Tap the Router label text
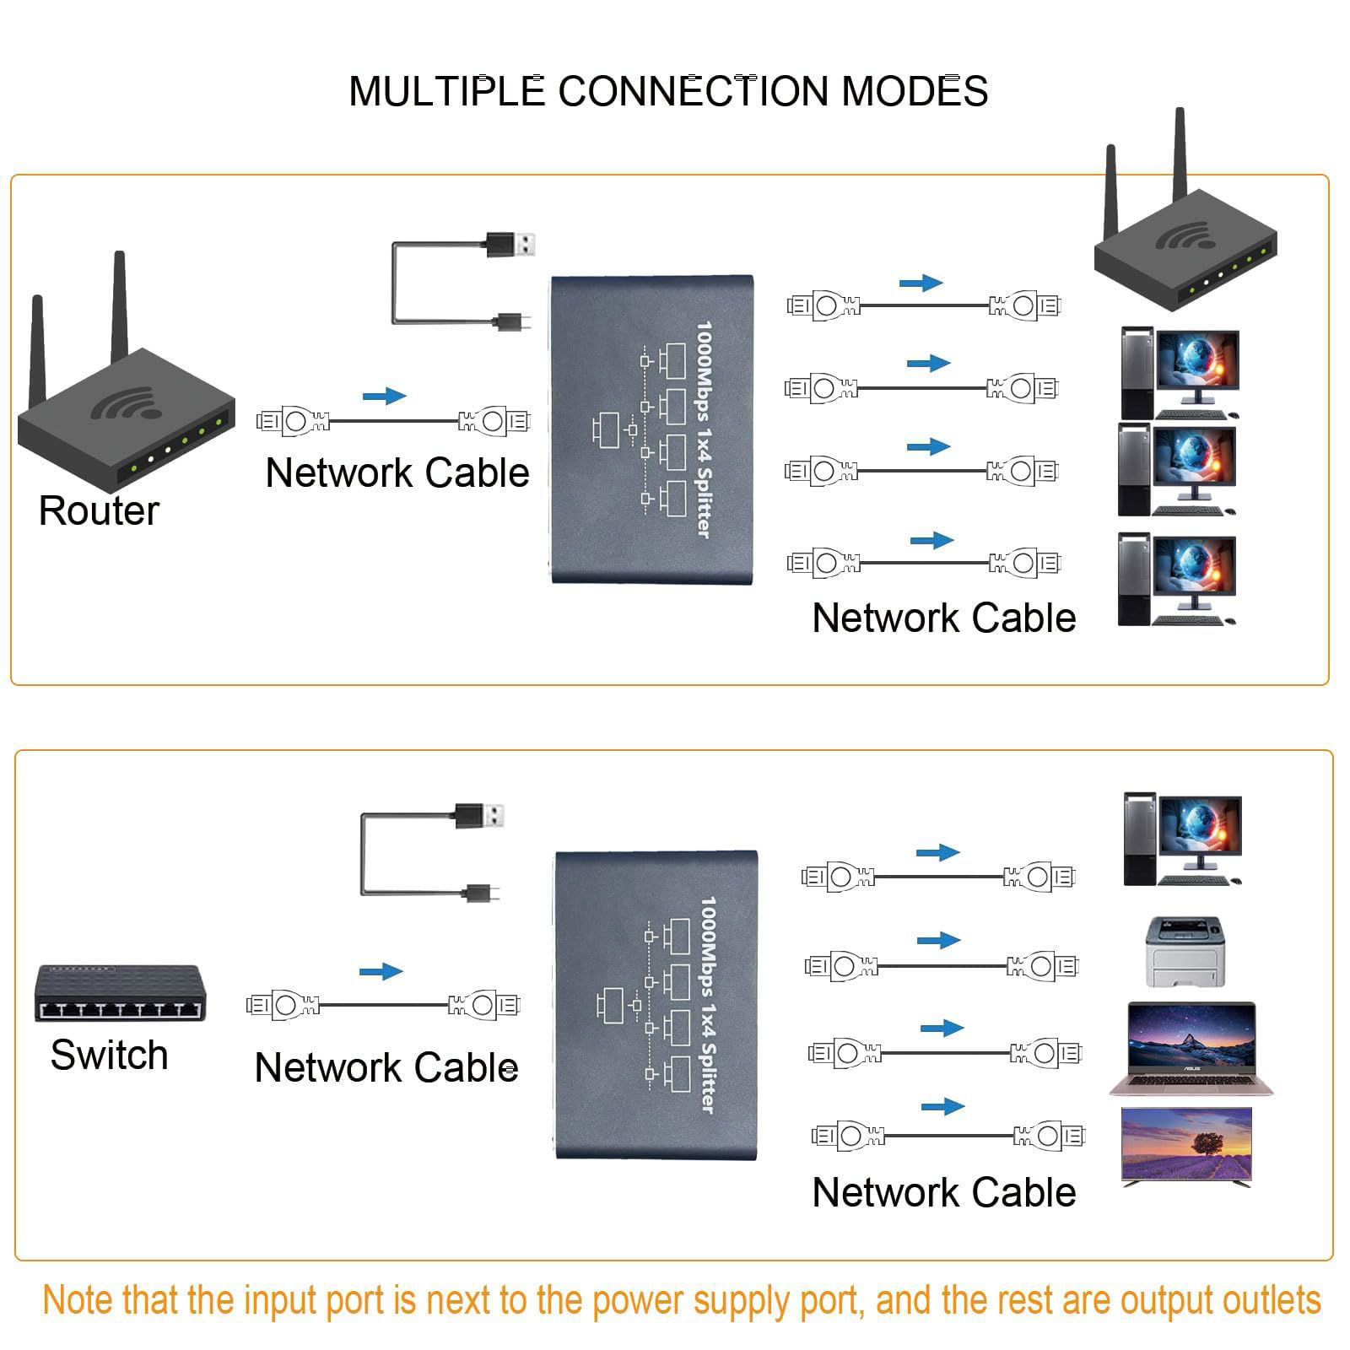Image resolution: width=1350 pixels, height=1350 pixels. coord(99,510)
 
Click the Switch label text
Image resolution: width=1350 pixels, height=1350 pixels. coord(109,1055)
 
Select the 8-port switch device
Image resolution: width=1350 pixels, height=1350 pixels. coord(119,994)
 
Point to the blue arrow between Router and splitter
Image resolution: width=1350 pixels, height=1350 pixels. coord(384,396)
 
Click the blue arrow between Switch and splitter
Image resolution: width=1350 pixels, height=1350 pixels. coord(381,971)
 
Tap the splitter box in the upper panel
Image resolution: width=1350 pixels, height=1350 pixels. coord(651,429)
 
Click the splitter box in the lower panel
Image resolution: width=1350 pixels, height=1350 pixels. coord(656,1004)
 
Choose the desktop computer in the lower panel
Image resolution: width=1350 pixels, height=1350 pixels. coord(1182,840)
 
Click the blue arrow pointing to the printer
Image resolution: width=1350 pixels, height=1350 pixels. coord(938,940)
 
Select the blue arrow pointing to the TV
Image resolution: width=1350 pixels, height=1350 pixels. coord(942,1106)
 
